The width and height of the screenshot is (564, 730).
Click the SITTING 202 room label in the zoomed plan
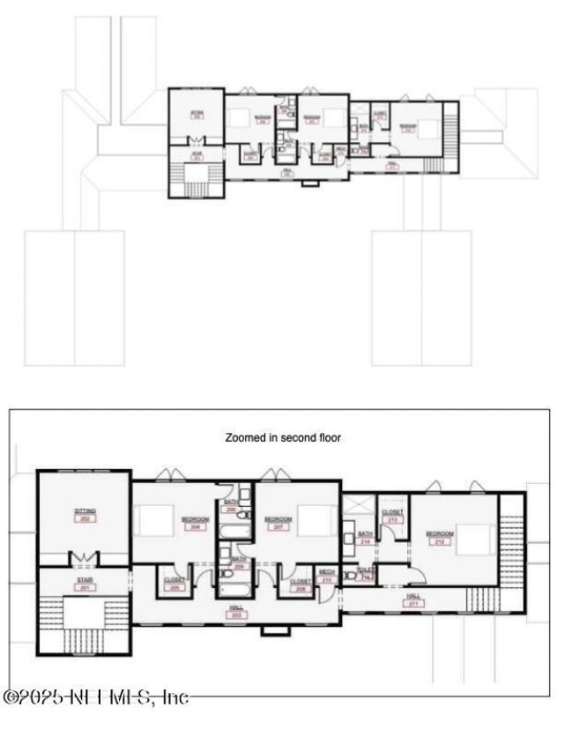click(85, 514)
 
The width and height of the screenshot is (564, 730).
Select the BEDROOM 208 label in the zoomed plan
click(195, 522)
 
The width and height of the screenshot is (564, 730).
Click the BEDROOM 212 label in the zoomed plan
click(439, 538)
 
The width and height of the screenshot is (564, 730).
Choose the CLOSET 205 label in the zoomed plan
click(174, 583)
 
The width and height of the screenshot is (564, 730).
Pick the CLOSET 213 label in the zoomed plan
click(392, 516)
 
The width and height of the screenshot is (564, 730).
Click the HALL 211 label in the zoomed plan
click(413, 600)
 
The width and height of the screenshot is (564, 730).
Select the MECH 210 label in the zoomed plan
click(327, 577)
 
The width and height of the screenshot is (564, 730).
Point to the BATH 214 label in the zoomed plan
click(366, 540)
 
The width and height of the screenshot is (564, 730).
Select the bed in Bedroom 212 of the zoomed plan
click(476, 538)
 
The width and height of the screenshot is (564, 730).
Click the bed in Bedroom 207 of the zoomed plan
click(313, 518)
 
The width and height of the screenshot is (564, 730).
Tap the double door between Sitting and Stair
click(85, 559)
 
